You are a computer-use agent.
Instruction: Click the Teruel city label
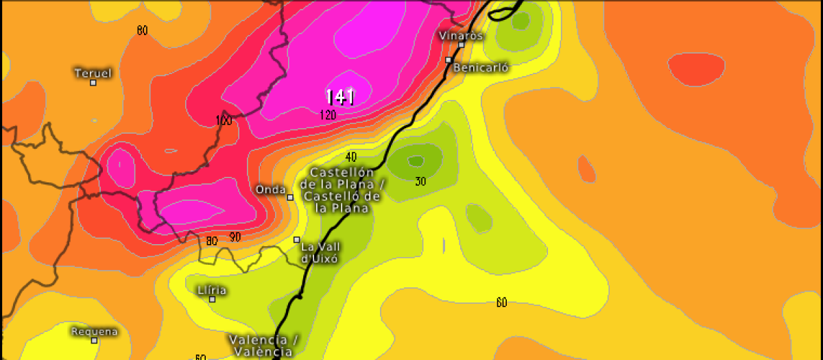click(x=93, y=73)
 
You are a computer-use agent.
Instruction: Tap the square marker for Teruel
click(x=93, y=83)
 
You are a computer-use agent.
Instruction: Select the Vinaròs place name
click(x=461, y=35)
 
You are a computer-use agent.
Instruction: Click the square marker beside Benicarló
click(x=448, y=60)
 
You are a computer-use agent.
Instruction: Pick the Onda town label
click(x=270, y=189)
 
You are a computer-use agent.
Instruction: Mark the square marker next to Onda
click(x=290, y=197)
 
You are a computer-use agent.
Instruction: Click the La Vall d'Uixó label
click(x=321, y=252)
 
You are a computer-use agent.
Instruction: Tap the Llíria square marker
click(x=213, y=299)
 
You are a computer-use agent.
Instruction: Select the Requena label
click(x=95, y=331)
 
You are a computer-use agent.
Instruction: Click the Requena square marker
click(x=94, y=341)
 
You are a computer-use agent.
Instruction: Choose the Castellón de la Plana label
click(x=344, y=190)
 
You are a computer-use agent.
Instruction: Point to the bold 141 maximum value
click(x=339, y=97)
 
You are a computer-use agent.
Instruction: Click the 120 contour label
click(x=328, y=115)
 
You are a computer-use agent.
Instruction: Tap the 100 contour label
click(x=224, y=121)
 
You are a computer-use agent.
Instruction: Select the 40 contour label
click(x=351, y=157)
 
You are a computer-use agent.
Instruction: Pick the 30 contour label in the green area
click(x=420, y=181)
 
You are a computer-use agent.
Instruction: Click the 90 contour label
click(x=235, y=237)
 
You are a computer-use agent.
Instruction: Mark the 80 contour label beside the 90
click(x=212, y=241)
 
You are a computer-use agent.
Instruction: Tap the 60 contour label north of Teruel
click(x=142, y=30)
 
